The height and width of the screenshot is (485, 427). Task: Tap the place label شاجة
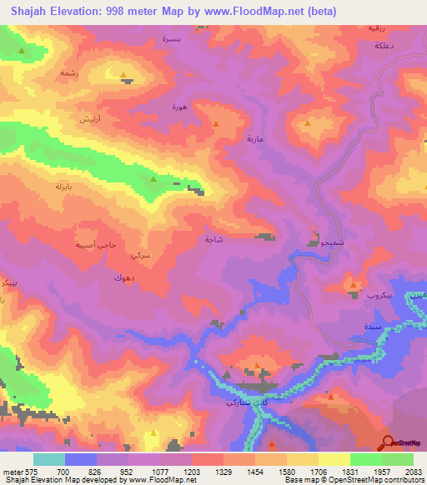(213, 240)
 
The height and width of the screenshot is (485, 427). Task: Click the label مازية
(254, 139)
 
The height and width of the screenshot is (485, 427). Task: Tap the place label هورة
(178, 107)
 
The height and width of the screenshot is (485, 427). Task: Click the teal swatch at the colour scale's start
(48, 459)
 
